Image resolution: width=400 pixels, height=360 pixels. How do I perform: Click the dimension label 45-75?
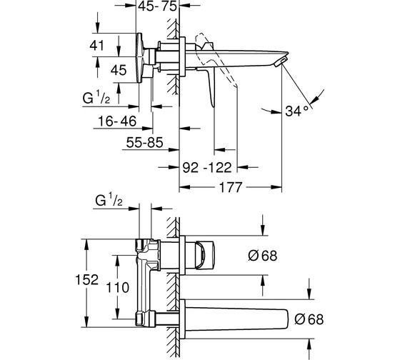157,6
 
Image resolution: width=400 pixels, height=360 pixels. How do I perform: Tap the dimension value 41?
96,46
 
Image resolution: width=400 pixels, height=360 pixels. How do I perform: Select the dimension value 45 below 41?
119,70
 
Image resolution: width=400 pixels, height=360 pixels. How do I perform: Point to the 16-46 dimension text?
117,121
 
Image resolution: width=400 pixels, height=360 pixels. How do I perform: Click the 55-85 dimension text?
144,142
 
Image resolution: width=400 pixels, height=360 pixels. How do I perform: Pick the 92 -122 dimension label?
207,168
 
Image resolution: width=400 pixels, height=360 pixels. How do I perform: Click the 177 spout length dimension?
230,187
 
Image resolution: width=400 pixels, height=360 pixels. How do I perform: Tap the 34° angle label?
296,111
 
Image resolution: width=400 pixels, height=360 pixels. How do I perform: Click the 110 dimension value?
117,288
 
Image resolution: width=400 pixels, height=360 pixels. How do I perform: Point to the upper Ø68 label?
263,256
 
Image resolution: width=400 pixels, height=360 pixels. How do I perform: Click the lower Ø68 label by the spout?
309,319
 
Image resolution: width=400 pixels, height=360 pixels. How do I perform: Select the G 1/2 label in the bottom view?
109,200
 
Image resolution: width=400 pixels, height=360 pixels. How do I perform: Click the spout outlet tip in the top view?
281,62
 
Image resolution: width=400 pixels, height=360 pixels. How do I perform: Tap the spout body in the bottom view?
236,320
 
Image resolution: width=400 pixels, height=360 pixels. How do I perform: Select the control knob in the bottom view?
205,255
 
